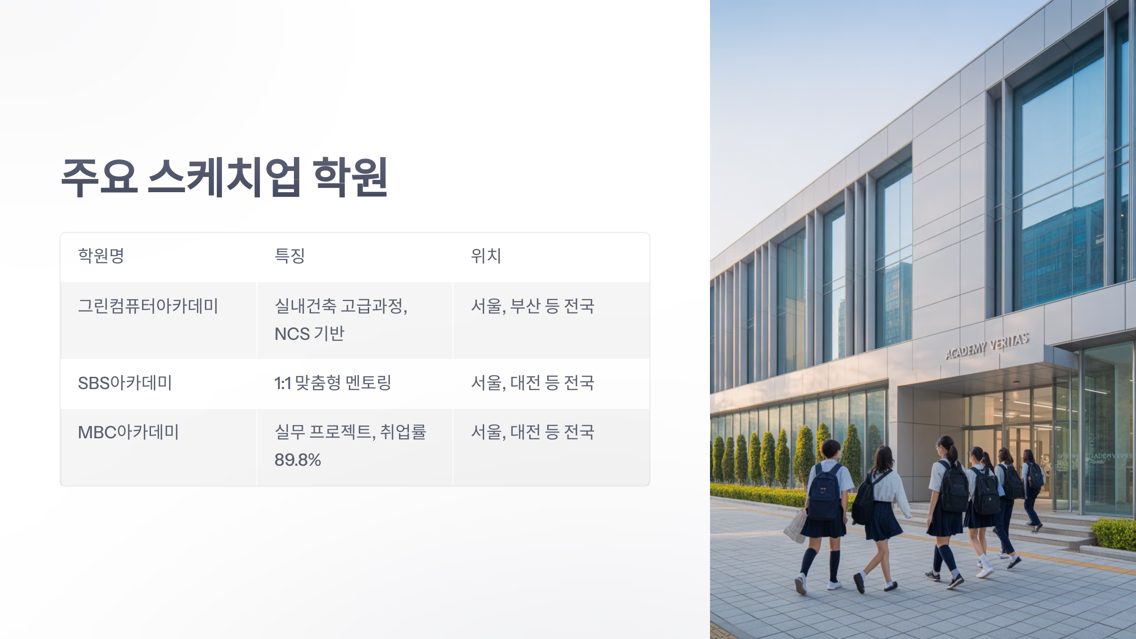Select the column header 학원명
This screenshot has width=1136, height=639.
[101, 256]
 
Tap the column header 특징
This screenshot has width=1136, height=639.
[290, 256]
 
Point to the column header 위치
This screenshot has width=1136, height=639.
[486, 256]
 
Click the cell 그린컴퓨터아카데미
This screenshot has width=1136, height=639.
[148, 306]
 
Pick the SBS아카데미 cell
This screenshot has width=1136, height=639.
[125, 383]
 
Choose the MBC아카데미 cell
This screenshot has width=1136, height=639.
[128, 432]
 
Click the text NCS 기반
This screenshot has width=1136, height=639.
[309, 334]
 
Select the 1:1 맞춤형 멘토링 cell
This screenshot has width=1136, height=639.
[333, 383]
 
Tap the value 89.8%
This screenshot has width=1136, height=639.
[298, 460]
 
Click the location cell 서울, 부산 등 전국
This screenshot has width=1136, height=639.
[532, 306]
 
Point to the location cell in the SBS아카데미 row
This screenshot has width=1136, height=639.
[532, 383]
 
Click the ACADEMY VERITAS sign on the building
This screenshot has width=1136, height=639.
[987, 346]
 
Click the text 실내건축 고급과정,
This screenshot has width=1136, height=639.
[341, 306]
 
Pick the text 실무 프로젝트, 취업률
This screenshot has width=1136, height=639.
[350, 432]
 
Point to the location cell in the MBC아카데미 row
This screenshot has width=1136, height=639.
[532, 432]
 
